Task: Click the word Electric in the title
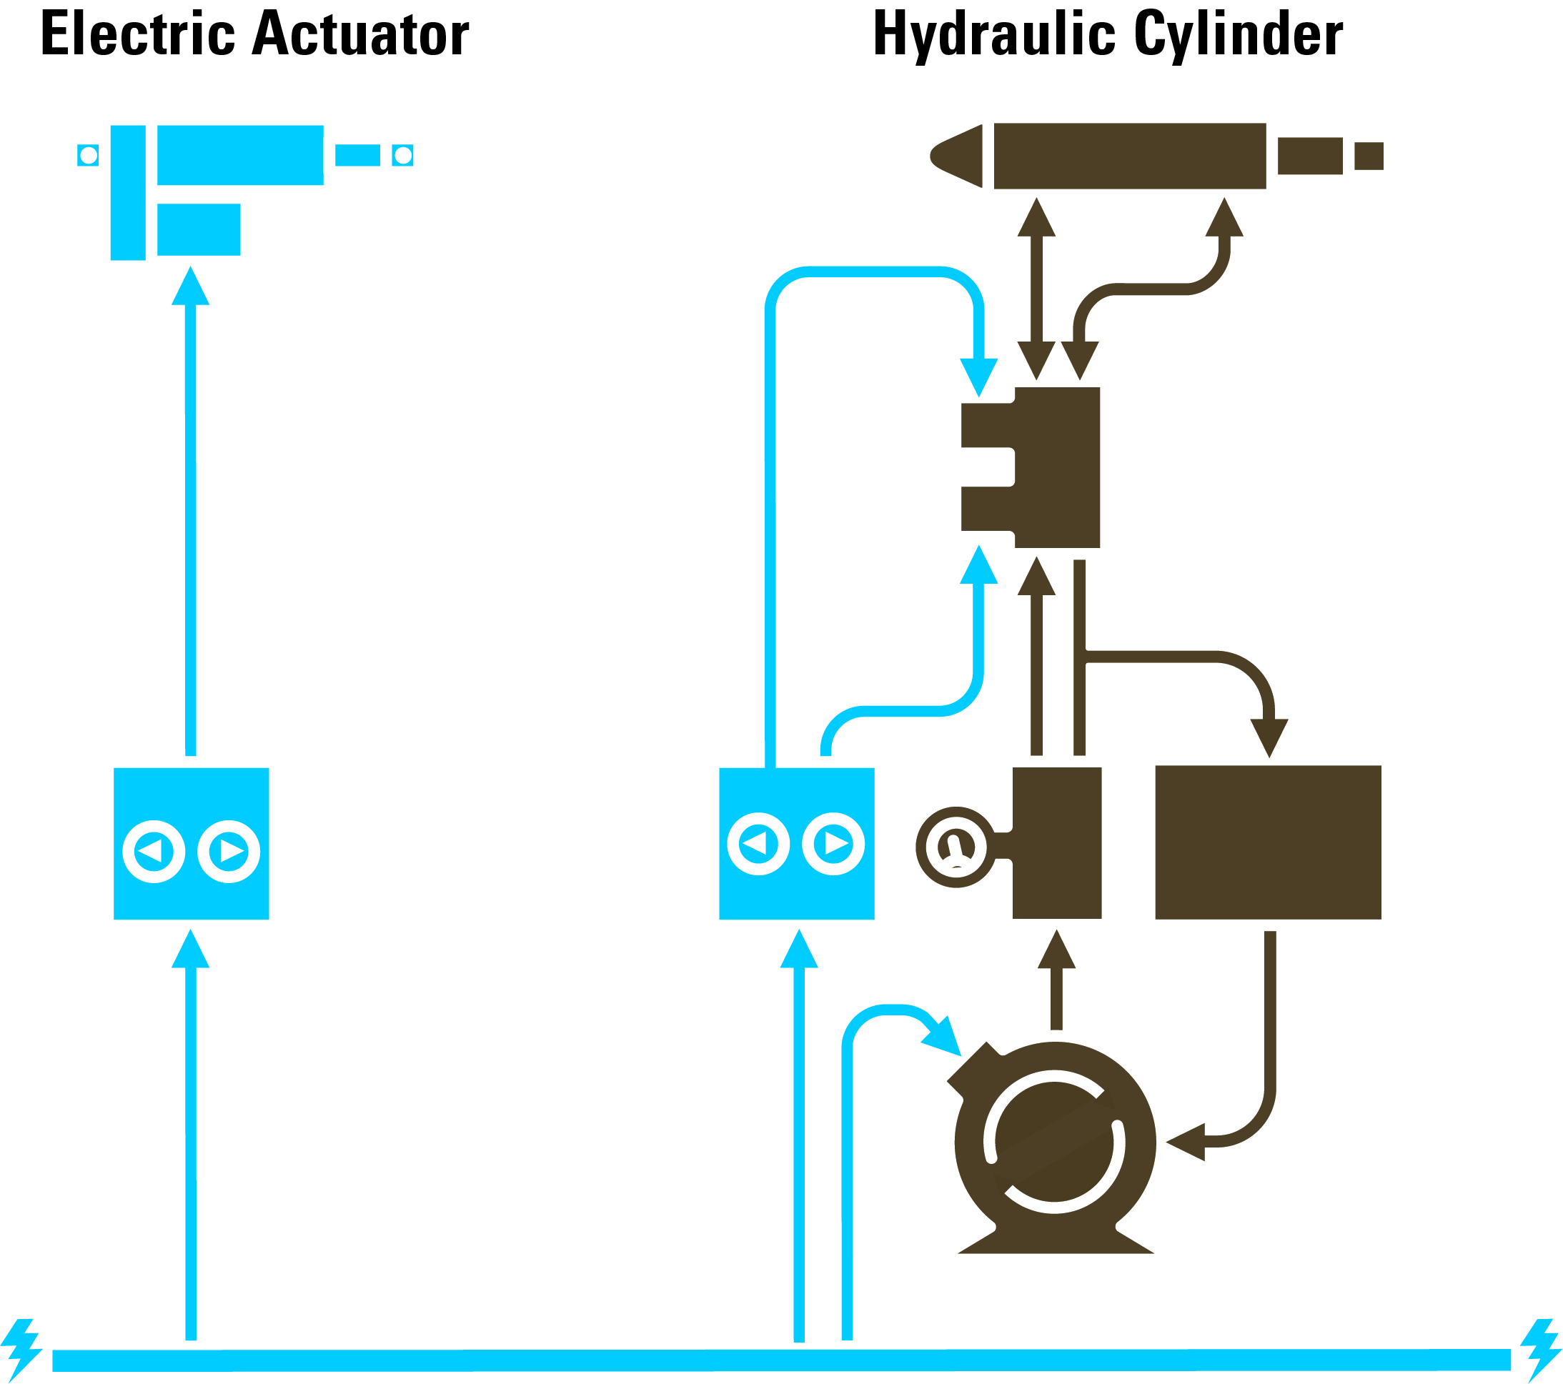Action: tap(138, 34)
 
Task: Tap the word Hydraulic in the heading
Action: tap(995, 34)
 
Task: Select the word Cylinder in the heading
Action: tap(1238, 34)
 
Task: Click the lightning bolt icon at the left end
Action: tap(21, 1350)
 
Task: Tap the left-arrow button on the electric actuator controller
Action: tap(153, 851)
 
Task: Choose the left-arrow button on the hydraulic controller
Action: tap(758, 843)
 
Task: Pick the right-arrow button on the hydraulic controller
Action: tap(833, 843)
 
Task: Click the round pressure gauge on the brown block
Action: tap(955, 847)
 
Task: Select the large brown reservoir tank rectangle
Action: tap(1268, 842)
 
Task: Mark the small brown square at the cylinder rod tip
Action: tap(1369, 156)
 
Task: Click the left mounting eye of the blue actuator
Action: tap(88, 155)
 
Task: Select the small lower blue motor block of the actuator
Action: tap(199, 229)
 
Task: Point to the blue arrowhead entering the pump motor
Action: tap(943, 1040)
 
